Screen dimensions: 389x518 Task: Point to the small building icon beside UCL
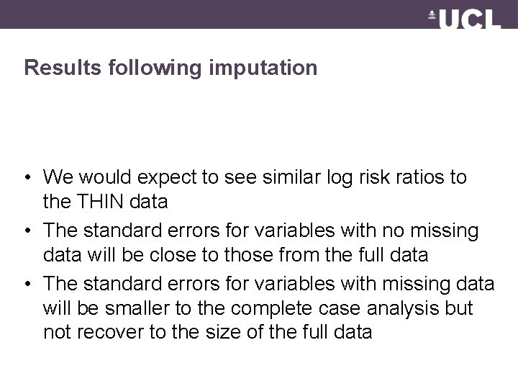click(x=432, y=15)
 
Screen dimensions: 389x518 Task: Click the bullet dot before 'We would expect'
click(x=28, y=177)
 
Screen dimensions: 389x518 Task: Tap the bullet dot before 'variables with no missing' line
click(x=28, y=231)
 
